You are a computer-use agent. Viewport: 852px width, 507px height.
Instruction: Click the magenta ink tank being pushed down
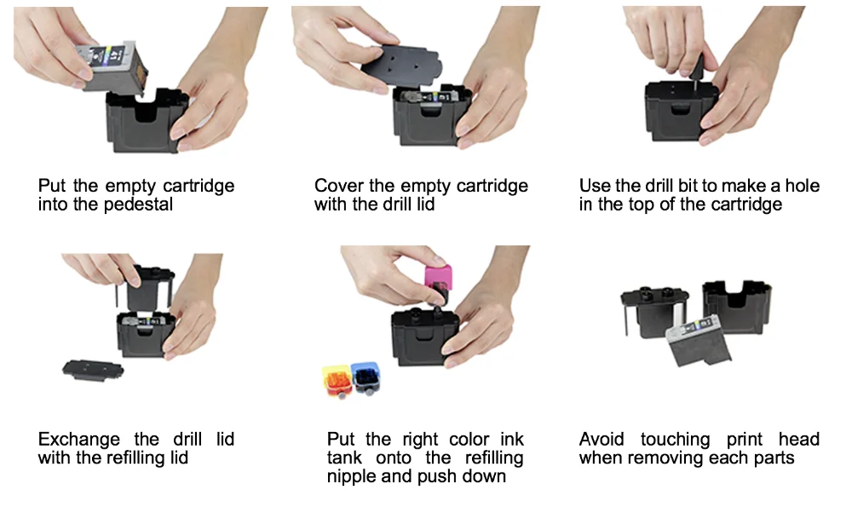pos(438,281)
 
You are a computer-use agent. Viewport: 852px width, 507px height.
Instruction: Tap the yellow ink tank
pos(337,380)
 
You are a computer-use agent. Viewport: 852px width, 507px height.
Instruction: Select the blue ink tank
pos(366,378)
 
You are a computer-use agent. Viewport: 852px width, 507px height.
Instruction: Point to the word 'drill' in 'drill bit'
pos(659,186)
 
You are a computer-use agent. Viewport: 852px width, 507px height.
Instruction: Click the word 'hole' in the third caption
pos(803,186)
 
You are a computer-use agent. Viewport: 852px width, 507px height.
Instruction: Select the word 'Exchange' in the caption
pos(78,439)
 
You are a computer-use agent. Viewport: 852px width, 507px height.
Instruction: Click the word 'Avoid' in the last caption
pos(602,439)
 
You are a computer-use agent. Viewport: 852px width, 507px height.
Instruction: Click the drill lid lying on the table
pos(93,370)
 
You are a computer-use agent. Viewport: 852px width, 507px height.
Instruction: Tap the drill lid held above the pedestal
pos(402,68)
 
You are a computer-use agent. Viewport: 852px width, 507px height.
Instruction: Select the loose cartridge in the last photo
pos(699,341)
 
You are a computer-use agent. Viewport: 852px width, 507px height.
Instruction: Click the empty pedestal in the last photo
pos(737,306)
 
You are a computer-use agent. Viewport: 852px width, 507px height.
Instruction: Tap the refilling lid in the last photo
pos(654,313)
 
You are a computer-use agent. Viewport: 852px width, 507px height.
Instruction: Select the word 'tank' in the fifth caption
pos(344,458)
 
